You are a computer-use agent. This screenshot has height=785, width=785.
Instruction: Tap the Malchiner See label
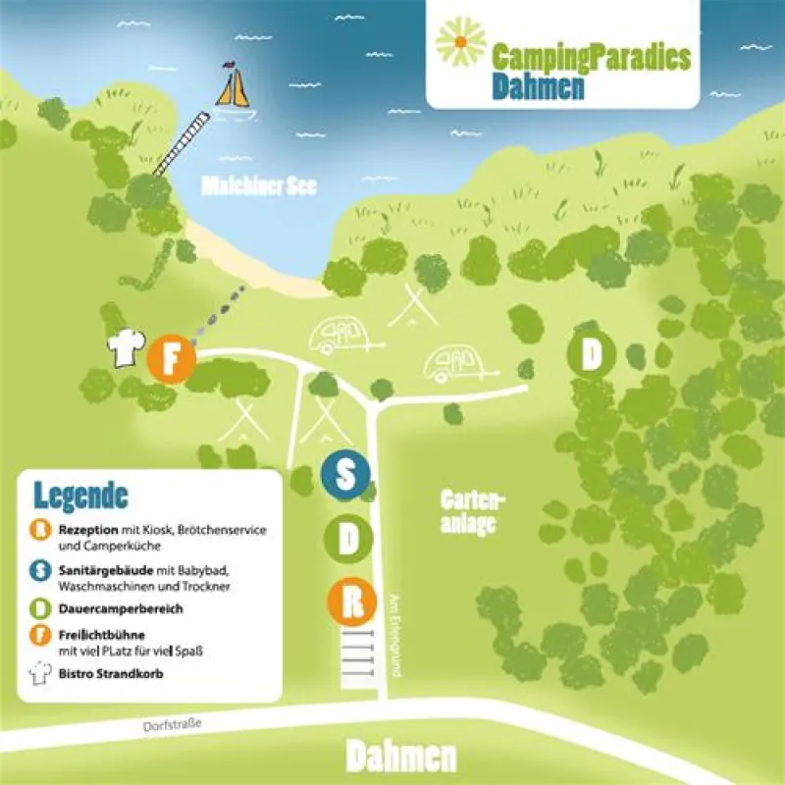[258, 186]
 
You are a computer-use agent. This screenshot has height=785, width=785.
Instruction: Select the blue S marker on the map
[345, 475]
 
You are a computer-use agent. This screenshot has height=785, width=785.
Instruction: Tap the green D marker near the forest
[591, 355]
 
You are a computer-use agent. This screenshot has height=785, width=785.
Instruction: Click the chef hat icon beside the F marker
[128, 348]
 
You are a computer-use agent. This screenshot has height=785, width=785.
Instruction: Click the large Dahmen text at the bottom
[401, 759]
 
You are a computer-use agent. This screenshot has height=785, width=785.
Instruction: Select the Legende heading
[80, 495]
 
